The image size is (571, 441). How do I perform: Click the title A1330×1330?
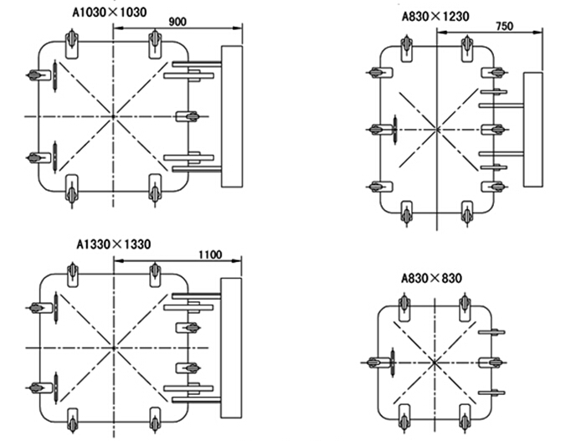tap(114, 244)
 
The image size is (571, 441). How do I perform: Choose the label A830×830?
tap(431, 278)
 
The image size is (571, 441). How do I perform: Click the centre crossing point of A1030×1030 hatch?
tap(112, 115)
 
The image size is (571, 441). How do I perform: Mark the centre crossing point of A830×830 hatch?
tap(435, 362)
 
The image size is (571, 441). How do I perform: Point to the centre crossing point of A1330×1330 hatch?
tap(112, 346)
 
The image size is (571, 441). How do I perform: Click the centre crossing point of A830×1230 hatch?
tap(436, 129)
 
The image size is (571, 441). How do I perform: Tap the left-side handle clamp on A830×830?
tap(381, 362)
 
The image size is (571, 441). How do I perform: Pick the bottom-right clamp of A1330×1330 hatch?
tap(154, 419)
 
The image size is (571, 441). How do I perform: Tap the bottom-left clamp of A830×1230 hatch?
tap(407, 213)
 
